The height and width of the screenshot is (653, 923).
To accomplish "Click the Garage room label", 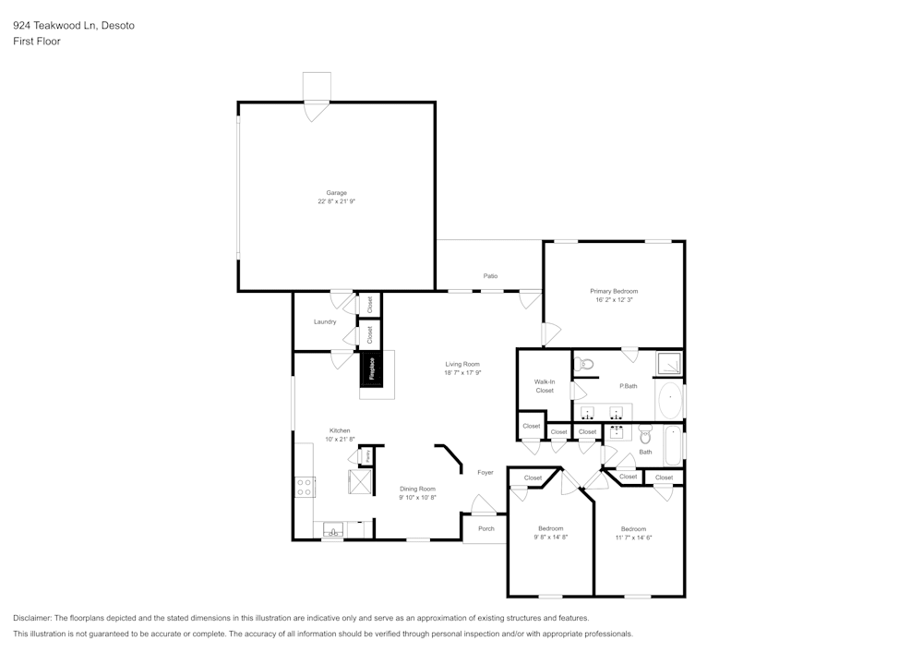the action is coord(337,192).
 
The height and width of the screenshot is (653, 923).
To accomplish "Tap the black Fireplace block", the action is coord(371,369).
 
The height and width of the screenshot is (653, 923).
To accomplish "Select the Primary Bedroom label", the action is coord(614,291).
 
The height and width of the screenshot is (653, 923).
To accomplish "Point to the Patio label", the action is coord(490,275).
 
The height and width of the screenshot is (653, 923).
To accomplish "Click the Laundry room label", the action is coord(325,321).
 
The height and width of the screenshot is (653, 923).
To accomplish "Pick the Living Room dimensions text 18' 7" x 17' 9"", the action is coord(462,373).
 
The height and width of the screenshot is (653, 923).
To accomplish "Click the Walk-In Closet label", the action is coord(545,386).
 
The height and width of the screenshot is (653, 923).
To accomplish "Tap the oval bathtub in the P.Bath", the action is coord(670,400).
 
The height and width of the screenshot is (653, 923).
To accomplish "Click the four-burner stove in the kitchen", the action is coord(305,487).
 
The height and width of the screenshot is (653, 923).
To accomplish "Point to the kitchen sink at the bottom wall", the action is coord(333,531).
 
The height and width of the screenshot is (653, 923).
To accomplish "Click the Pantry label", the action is coord(366,454).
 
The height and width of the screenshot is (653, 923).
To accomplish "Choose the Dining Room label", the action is coord(417,489).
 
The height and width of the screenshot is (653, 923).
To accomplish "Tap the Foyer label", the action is coord(485,472).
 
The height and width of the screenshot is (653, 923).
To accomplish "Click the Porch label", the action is coord(486,528).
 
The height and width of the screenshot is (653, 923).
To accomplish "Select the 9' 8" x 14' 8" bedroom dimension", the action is coord(551,537).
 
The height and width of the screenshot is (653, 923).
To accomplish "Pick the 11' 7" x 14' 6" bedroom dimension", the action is coord(633,538).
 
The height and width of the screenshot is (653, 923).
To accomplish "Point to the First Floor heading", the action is coord(37,42).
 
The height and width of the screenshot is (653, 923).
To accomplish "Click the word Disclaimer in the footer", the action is coord(32,618).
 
